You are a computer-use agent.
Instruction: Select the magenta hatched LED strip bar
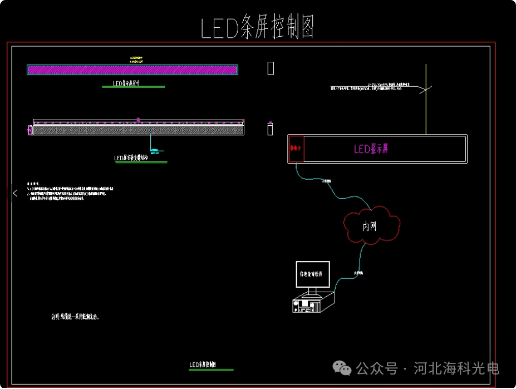[x=132, y=70]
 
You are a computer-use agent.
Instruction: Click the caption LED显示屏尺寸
[x=134, y=83]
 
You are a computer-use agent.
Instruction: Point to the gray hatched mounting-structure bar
[x=138, y=130]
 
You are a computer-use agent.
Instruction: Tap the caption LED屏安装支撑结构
[x=140, y=158]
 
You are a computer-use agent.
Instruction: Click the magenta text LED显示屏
[x=372, y=149]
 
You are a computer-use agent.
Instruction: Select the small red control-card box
[x=296, y=149]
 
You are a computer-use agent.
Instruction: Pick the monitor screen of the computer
[x=312, y=274]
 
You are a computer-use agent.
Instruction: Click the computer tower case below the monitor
[x=313, y=303]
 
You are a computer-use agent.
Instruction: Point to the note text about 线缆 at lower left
[x=75, y=317]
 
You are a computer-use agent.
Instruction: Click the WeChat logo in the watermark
[x=342, y=368]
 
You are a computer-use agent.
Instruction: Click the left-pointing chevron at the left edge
[x=16, y=193]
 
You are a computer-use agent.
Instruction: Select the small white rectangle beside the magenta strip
[x=271, y=68]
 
